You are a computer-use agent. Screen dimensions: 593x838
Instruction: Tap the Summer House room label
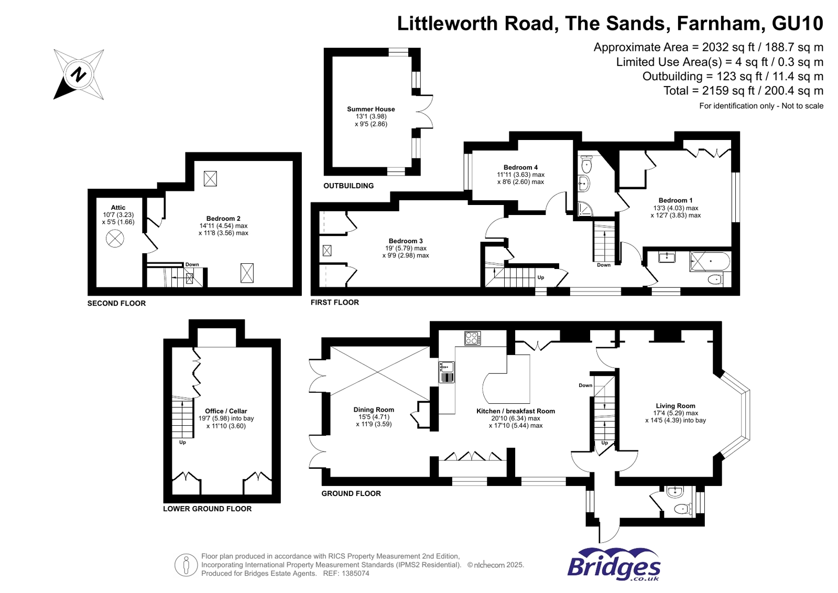click(371, 109)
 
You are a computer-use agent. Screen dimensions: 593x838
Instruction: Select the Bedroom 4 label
click(520, 167)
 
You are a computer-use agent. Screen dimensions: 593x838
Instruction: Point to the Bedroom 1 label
click(675, 200)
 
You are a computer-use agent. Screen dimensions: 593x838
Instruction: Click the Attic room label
click(118, 208)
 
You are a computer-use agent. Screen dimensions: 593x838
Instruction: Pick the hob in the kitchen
click(473, 338)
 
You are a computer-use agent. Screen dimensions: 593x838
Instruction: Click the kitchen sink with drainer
click(447, 372)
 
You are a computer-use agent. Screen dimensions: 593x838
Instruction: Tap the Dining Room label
click(374, 409)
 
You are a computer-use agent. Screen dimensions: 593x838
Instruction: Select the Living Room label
click(675, 406)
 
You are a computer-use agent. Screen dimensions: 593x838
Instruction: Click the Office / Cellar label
click(226, 411)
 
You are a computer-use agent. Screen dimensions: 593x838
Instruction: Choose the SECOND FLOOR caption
click(116, 303)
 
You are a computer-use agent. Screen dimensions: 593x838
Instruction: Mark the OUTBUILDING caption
click(349, 186)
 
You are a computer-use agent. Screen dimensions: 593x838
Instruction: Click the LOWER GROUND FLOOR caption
click(207, 509)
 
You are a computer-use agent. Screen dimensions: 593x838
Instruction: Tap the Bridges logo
click(614, 565)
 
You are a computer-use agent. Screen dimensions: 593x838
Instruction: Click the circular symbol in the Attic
click(115, 239)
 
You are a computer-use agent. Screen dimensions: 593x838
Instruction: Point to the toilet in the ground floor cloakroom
click(682, 509)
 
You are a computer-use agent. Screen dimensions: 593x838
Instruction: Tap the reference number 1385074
click(355, 574)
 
